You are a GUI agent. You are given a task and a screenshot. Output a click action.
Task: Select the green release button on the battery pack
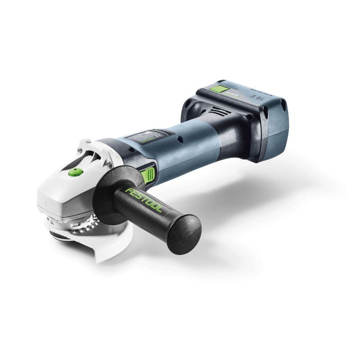(x=220, y=89)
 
